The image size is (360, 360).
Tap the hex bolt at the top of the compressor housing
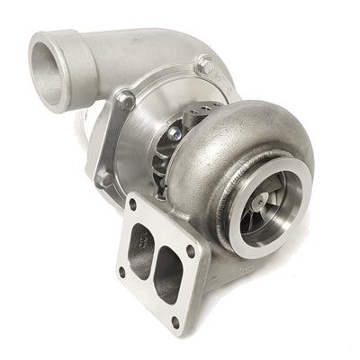pyautogui.click(x=203, y=64)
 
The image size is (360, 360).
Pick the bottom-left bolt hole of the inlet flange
pyautogui.click(x=121, y=271)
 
